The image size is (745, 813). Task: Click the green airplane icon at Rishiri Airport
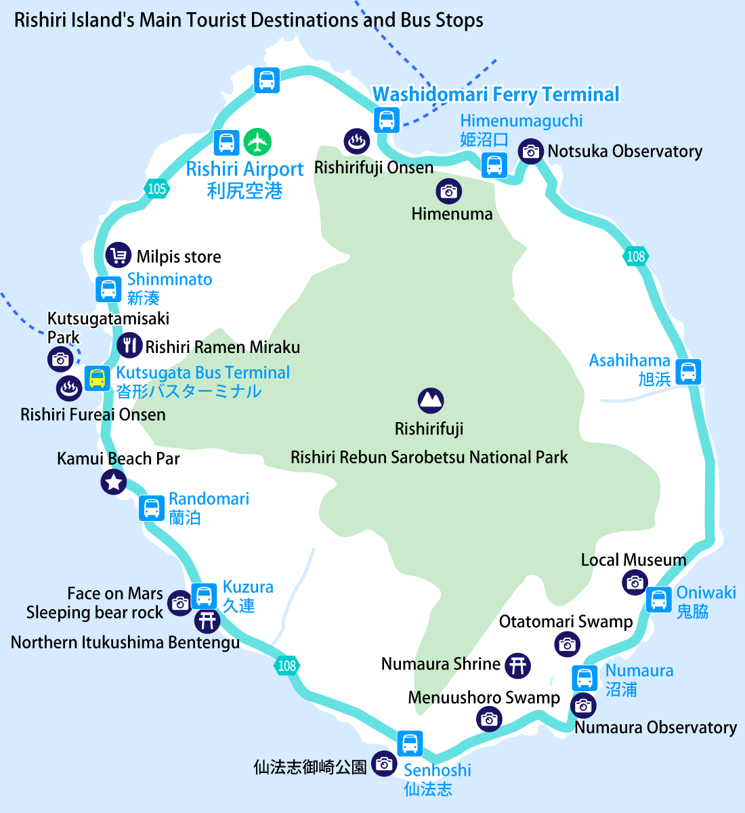click(x=257, y=142)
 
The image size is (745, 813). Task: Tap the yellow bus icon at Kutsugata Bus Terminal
click(x=98, y=378)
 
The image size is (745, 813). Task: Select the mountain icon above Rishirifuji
click(x=431, y=400)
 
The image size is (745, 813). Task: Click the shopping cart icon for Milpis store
click(x=119, y=255)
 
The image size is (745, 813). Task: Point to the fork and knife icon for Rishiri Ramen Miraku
click(x=130, y=346)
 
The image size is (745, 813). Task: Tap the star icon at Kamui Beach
click(x=114, y=482)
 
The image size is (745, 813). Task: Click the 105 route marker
click(x=156, y=189)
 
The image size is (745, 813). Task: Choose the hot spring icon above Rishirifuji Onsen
click(x=357, y=141)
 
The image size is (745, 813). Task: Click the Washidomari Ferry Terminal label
click(x=496, y=94)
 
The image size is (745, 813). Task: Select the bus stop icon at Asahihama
click(x=688, y=372)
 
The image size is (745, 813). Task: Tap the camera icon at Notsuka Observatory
click(x=530, y=151)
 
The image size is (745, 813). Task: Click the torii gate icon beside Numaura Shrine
click(x=517, y=665)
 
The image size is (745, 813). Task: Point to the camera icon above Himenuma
click(x=449, y=191)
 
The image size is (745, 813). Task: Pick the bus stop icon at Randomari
click(x=152, y=508)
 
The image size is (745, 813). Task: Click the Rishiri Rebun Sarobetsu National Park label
click(x=429, y=457)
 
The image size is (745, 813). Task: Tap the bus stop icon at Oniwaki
click(x=659, y=600)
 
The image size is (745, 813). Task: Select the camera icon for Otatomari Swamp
click(x=567, y=644)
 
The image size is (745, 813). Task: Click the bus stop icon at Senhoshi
click(x=410, y=744)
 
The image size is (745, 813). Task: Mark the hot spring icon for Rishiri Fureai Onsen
click(x=69, y=389)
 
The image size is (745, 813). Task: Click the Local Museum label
click(x=633, y=560)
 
